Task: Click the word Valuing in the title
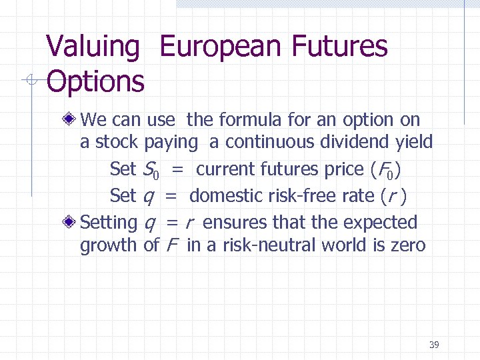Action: point(93,47)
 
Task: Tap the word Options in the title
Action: point(95,82)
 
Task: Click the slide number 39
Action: point(434,345)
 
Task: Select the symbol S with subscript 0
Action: point(151,170)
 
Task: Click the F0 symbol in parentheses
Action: point(385,170)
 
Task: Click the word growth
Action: point(109,245)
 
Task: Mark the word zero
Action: point(405,245)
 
